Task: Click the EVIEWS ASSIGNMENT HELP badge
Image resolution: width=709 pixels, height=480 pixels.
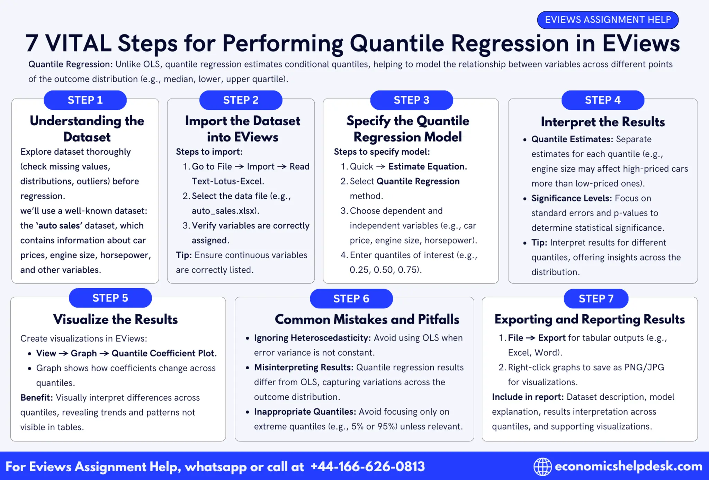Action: point(608,20)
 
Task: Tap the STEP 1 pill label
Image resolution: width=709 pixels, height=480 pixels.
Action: point(85,100)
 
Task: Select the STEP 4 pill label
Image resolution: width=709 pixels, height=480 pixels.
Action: point(602,100)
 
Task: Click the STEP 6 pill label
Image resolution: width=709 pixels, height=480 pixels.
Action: point(351,298)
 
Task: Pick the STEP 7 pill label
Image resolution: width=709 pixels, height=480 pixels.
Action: point(596,298)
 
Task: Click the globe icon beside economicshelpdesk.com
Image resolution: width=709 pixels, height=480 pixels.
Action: point(542,467)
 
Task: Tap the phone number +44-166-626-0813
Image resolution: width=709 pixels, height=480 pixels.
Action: point(368,467)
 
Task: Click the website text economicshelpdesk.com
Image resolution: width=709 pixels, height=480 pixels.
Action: point(628,466)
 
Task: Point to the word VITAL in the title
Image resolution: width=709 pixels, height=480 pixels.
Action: point(78,44)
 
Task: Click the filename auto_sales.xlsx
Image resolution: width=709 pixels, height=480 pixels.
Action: point(225,211)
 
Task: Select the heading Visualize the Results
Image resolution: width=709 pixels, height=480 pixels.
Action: point(115,319)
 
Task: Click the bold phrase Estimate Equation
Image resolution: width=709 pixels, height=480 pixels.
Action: point(427,166)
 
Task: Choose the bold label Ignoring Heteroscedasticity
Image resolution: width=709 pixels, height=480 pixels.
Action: point(312,338)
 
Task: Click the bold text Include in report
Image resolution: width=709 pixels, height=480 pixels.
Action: point(528,397)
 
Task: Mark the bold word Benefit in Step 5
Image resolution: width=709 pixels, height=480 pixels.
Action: point(36,398)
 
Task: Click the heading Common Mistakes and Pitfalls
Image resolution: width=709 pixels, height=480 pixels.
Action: point(367,319)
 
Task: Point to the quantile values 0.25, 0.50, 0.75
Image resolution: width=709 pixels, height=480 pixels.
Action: point(385,270)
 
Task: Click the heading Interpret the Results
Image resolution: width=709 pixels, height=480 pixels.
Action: point(603,122)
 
